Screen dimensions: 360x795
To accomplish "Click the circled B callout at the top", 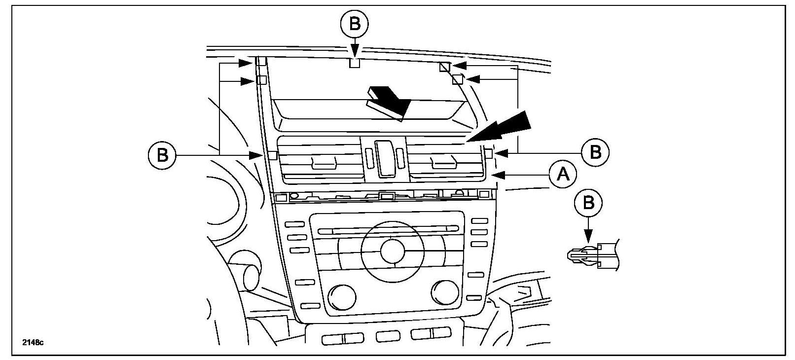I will tap(355, 23).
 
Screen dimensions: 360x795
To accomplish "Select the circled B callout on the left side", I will tap(162, 155).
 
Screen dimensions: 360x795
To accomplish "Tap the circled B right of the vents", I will tap(595, 152).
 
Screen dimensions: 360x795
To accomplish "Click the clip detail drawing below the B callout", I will tap(592, 254).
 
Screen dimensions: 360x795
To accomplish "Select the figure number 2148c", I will tap(33, 342).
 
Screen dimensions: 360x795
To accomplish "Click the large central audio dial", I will tap(392, 251).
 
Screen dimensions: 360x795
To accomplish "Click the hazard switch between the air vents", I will tap(385, 158).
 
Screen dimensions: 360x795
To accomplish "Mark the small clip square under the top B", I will tap(355, 63).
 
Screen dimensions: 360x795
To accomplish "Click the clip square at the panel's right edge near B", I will tap(489, 153).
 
